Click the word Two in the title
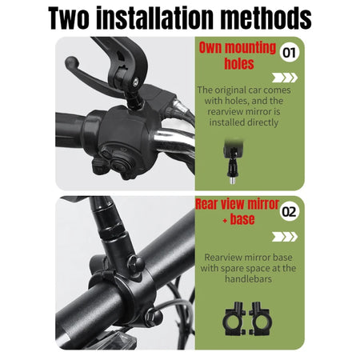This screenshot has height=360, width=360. pos(69,18)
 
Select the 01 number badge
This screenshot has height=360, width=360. pos(290,53)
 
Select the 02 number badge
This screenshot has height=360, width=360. pos(290,211)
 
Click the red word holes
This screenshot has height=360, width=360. pos(239,63)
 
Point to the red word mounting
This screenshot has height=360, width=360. pos(250,48)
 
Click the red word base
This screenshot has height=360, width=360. pos(242,219)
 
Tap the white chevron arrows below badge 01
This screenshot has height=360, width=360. pos(285,78)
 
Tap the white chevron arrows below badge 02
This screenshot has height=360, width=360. pos(285,237)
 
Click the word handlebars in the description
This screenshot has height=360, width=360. pos(248,279)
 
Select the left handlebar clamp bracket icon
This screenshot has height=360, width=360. pos(234,319)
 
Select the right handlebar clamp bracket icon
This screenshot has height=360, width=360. pos(260,319)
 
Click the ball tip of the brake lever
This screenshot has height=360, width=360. pos(71,63)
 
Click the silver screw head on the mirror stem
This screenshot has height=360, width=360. pos(136,82)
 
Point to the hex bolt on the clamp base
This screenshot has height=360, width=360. pos(136,263)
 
